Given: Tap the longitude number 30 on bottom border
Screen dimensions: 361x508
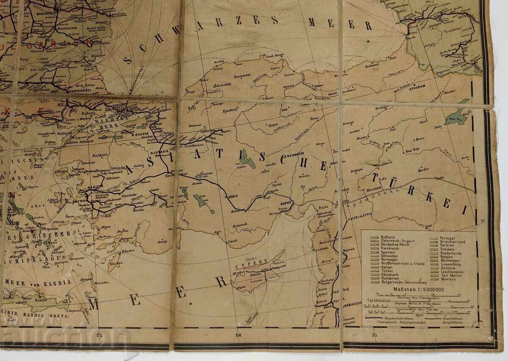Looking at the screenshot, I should [238, 335].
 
